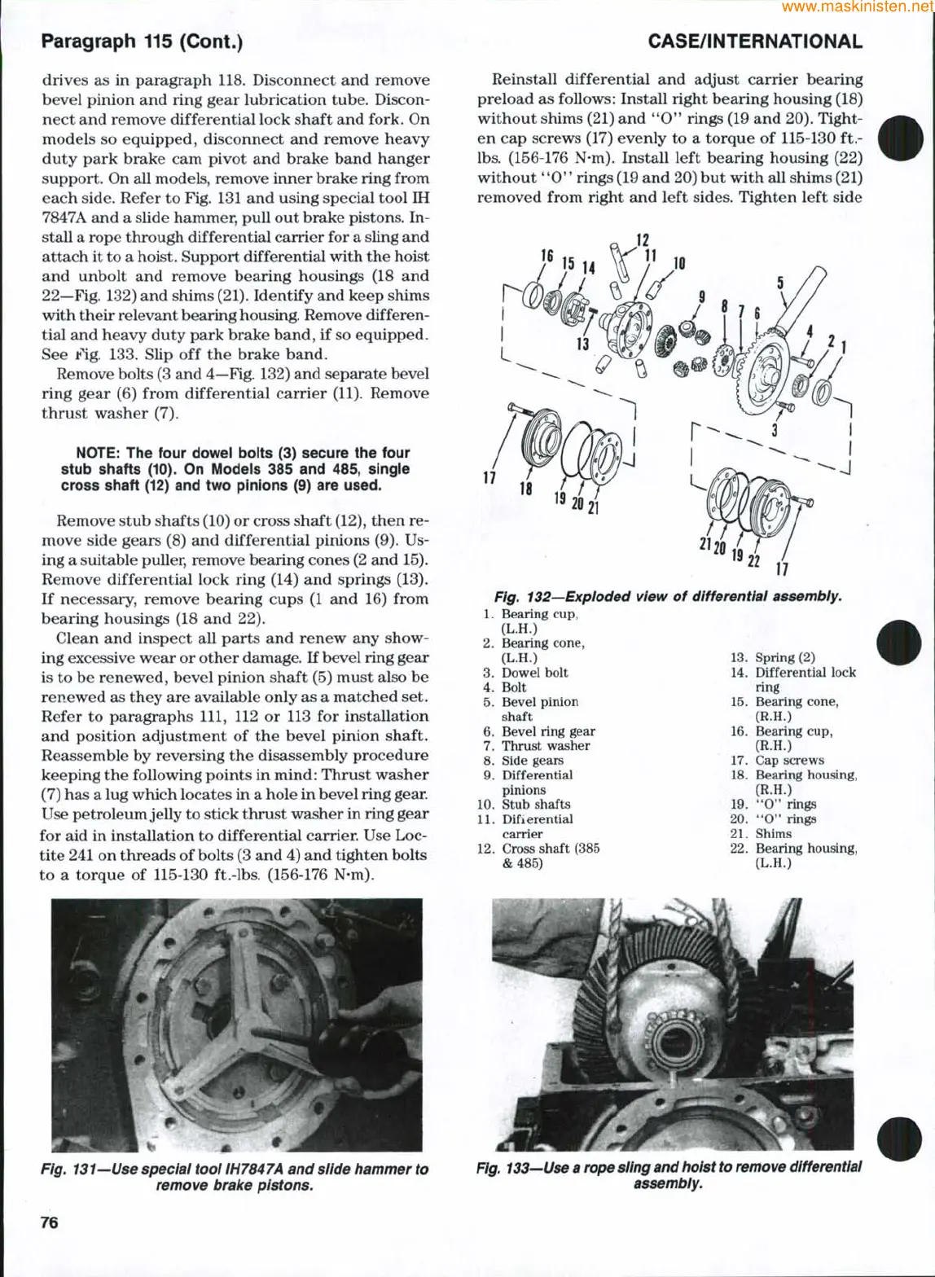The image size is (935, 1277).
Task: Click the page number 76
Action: pos(50,1222)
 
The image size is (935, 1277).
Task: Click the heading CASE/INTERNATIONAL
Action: pos(755,42)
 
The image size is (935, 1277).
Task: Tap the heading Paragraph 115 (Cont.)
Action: pos(142,42)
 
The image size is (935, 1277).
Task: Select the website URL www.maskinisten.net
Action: pos(857,7)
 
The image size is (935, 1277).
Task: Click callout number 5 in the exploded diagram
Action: pos(780,283)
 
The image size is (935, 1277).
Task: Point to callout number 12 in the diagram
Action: pos(643,240)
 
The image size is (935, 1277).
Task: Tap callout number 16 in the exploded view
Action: pos(548,256)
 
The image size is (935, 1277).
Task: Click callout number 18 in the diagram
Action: pos(526,489)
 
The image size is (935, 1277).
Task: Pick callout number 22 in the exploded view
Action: pos(754,560)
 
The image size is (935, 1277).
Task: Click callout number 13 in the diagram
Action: pos(583,344)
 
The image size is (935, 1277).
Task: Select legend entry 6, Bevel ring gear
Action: pos(538,731)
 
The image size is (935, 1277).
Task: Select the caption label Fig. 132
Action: pos(520,597)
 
